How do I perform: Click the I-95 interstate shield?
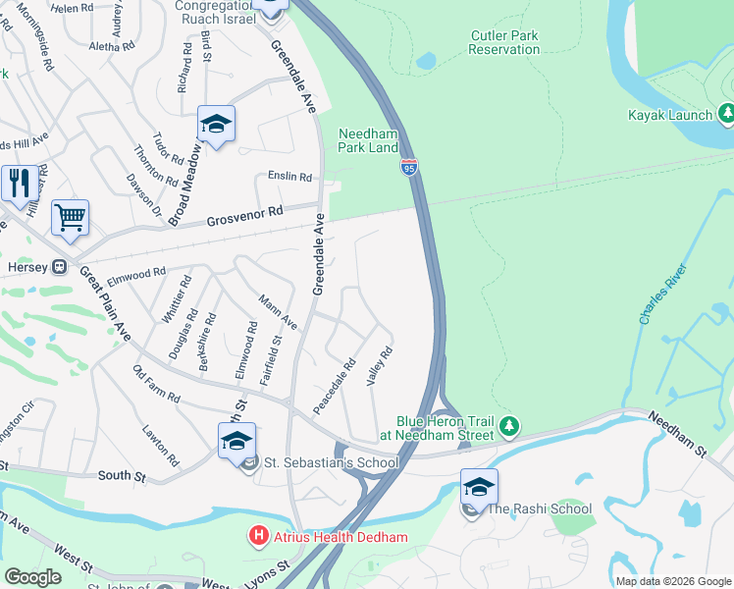(408, 167)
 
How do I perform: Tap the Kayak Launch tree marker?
(726, 115)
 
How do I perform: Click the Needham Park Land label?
(369, 140)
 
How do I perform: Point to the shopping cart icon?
(70, 218)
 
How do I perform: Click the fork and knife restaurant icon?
(19, 183)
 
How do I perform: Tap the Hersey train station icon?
(59, 265)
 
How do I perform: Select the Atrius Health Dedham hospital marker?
(259, 536)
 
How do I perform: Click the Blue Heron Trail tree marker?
(508, 426)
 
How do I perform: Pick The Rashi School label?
(540, 509)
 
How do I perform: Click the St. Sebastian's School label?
(331, 463)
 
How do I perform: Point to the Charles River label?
(660, 300)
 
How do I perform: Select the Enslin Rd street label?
(289, 178)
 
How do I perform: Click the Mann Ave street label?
(278, 311)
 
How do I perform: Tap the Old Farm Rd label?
(156, 384)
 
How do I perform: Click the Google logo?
(32, 577)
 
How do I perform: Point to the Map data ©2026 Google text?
(672, 581)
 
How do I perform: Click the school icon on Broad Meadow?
(216, 125)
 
